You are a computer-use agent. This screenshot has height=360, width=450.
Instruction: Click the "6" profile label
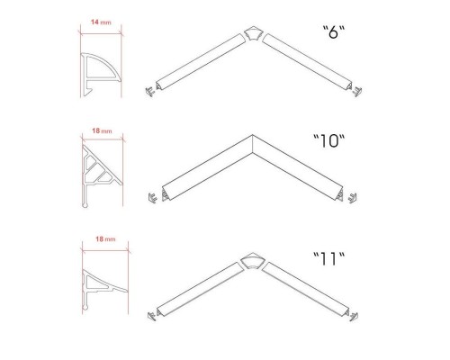point(334,32)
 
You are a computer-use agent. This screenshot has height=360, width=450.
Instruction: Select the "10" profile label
point(328,140)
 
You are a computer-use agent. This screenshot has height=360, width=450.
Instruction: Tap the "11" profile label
point(328,259)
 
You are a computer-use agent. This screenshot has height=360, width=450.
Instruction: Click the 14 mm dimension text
point(101,22)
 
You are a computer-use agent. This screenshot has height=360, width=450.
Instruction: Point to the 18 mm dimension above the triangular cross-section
point(102,130)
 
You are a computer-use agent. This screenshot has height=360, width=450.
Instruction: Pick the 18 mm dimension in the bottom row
point(105,239)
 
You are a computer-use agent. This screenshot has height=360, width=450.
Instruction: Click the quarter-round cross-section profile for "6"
point(101,75)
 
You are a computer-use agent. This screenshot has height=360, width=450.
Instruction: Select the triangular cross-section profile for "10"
point(102,176)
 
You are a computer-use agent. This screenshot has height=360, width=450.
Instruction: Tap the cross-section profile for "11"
point(104,289)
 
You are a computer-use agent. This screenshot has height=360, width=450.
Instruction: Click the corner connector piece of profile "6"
point(253,34)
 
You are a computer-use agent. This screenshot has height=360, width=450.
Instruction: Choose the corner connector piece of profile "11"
point(252,262)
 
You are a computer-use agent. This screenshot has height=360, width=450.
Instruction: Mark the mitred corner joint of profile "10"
point(253,144)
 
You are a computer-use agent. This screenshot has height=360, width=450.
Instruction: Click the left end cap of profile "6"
point(149,91)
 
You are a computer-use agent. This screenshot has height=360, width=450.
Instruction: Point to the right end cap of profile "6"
point(357,92)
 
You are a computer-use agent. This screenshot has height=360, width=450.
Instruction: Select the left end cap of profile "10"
point(153,198)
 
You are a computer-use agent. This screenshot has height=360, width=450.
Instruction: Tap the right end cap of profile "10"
point(353,198)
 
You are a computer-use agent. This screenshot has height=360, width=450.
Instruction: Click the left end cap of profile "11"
point(151,316)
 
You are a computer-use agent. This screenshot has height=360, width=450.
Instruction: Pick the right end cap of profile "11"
point(354,317)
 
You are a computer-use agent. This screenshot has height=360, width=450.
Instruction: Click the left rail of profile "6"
point(201,62)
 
